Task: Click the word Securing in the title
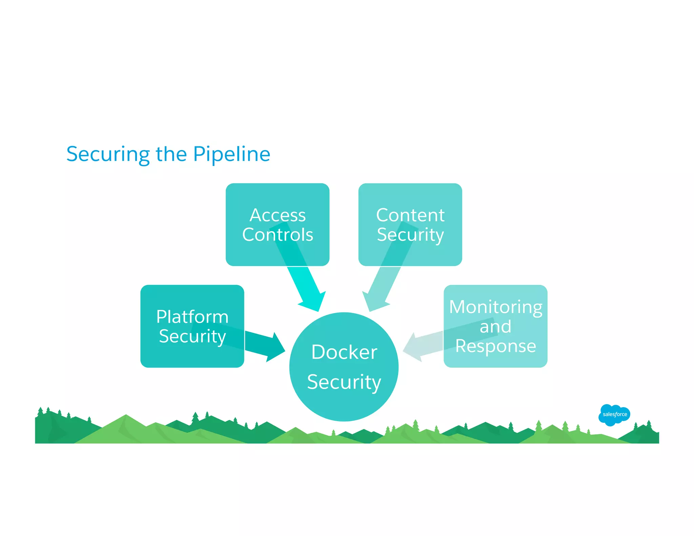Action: coord(107,154)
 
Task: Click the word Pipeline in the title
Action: coord(231,154)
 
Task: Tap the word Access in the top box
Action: coord(278,215)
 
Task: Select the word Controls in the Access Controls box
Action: coord(278,234)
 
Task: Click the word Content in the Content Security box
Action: coord(410,215)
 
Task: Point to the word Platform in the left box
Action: coord(192,317)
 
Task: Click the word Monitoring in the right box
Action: coord(495,307)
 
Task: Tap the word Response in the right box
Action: coord(495,346)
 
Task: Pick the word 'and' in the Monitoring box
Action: coord(495,327)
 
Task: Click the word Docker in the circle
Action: coord(344,352)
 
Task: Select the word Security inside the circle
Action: coord(344,382)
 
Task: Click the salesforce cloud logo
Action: coord(614,414)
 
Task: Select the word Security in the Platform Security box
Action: coord(192,336)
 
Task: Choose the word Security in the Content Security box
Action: coord(410,234)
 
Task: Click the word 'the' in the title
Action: coord(171,154)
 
